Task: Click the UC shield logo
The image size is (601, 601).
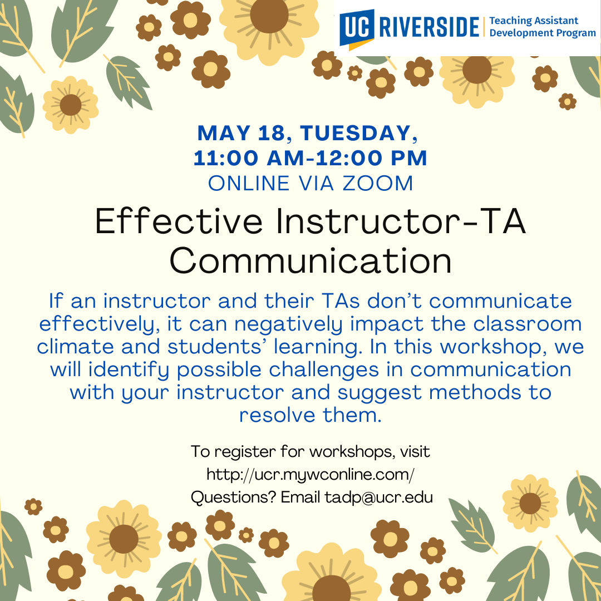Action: (x=357, y=29)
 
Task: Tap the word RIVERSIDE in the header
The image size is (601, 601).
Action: (x=429, y=27)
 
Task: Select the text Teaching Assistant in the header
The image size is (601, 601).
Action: (x=534, y=21)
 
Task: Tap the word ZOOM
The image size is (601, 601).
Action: (x=377, y=183)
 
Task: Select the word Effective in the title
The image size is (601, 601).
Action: (x=179, y=221)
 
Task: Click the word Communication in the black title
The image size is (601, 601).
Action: (x=311, y=260)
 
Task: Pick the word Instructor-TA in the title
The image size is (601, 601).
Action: (x=401, y=221)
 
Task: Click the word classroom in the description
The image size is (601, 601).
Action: (x=528, y=324)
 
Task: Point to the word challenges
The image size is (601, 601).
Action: (x=324, y=370)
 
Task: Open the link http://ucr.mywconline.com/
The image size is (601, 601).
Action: (x=311, y=475)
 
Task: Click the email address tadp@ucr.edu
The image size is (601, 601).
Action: (x=379, y=497)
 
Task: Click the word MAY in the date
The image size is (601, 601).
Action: (x=224, y=133)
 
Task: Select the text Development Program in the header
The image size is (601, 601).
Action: (x=543, y=33)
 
